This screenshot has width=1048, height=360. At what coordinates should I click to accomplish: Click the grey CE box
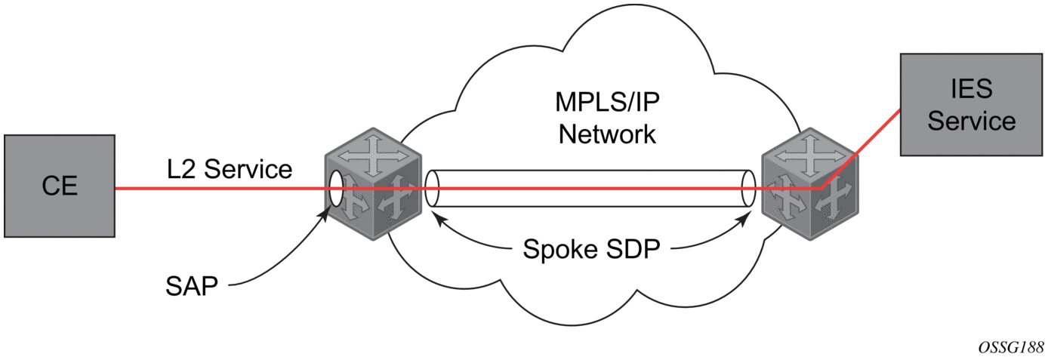[59, 186]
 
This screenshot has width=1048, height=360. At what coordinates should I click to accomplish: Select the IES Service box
[970, 104]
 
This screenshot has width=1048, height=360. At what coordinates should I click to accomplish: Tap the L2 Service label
[230, 169]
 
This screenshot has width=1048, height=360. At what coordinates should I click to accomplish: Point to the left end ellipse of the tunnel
[432, 189]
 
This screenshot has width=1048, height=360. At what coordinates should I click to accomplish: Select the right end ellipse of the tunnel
[748, 189]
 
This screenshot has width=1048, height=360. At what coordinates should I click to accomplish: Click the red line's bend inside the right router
[822, 187]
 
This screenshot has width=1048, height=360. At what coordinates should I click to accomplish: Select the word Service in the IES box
[970, 120]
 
